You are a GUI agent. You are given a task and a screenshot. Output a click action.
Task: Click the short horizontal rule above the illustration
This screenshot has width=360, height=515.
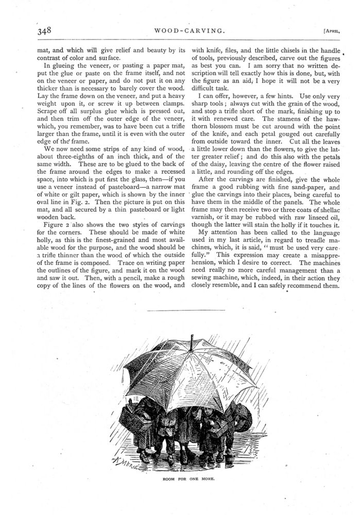click(x=186, y=311)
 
